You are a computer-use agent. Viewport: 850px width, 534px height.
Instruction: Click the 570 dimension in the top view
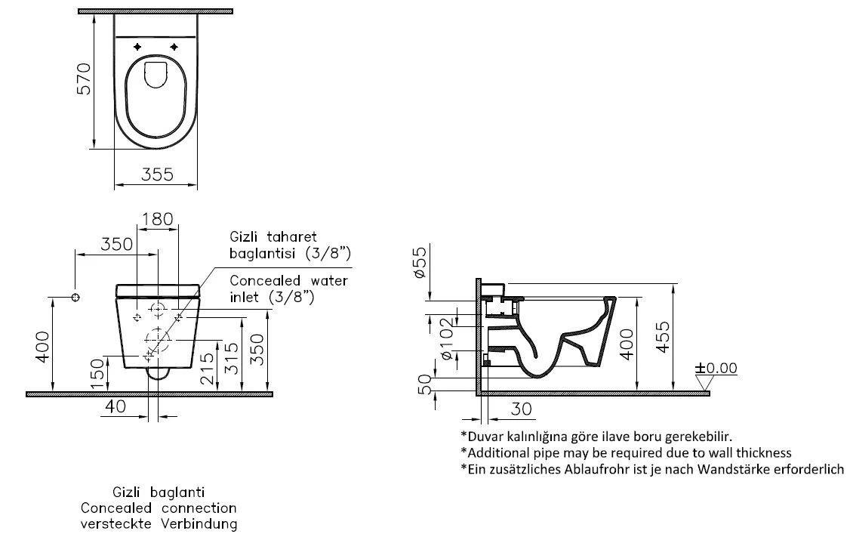[84, 79]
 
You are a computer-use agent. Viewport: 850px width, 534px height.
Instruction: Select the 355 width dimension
[157, 174]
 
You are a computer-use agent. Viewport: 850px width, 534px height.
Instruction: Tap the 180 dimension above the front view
[157, 219]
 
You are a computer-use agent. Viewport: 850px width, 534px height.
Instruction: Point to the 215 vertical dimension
[207, 369]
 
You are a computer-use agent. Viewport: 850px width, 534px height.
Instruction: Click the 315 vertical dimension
[232, 358]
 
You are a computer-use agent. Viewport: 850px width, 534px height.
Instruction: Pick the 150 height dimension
[97, 374]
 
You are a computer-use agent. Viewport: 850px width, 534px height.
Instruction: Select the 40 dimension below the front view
[115, 406]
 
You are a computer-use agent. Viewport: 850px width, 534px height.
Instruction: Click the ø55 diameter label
[420, 261]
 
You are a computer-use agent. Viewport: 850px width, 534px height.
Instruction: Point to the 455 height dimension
[663, 337]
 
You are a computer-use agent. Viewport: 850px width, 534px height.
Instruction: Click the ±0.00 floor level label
[716, 368]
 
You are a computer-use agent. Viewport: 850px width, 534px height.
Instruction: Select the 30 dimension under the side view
[521, 409]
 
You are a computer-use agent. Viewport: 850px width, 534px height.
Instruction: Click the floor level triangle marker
[704, 384]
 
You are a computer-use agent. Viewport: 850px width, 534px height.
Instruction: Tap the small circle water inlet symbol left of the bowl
[75, 297]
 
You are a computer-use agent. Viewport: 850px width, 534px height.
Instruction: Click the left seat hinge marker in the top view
[137, 47]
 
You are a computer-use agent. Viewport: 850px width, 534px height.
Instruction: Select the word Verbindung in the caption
[199, 523]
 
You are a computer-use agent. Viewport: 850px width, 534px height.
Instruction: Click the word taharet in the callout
[291, 237]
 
